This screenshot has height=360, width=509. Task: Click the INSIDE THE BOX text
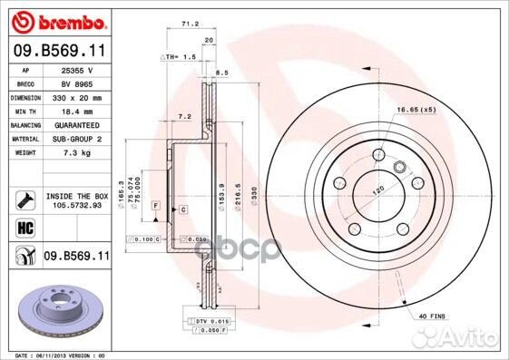point(76,196)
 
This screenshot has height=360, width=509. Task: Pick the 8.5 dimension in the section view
point(221,73)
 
